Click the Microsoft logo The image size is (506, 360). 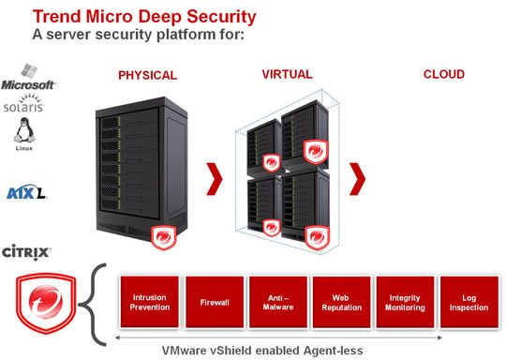[x=28, y=79]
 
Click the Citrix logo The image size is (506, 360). [x=26, y=251]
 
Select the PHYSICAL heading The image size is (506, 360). [x=148, y=75]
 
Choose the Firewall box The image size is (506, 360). [x=214, y=303]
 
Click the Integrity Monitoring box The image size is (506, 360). [x=404, y=303]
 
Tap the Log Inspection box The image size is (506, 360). [x=469, y=303]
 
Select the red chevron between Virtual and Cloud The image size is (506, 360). [x=357, y=174]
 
